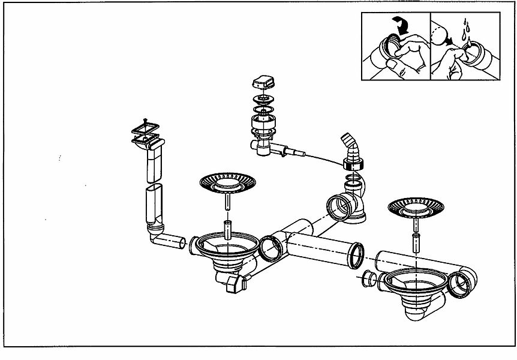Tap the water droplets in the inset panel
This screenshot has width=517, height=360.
465,27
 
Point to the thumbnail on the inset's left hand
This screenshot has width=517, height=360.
392,62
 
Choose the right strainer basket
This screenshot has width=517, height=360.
415,206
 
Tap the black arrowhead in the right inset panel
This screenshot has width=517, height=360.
448,43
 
